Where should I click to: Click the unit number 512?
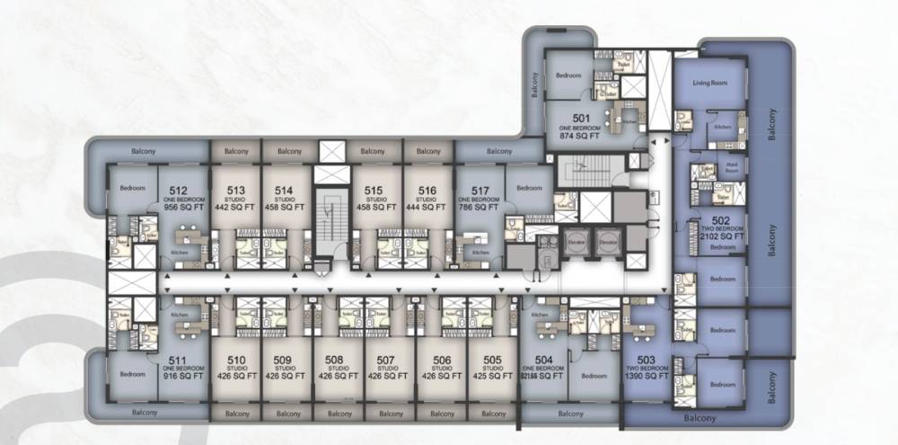click(x=178, y=191)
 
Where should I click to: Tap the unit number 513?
click(x=236, y=191)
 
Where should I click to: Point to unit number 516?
click(x=427, y=191)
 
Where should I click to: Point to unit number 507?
click(x=387, y=361)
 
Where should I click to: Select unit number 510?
click(x=236, y=361)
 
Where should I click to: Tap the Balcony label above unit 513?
click(x=236, y=151)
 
